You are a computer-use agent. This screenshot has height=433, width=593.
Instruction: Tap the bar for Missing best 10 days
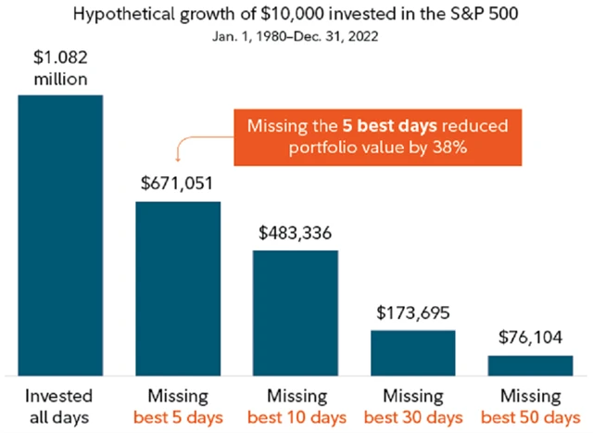pos(295,312)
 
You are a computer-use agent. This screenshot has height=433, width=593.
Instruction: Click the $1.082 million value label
pos(60,70)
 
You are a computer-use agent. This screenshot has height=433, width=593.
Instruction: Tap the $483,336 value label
pos(295,233)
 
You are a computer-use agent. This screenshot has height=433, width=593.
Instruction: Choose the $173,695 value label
pos(413,314)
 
